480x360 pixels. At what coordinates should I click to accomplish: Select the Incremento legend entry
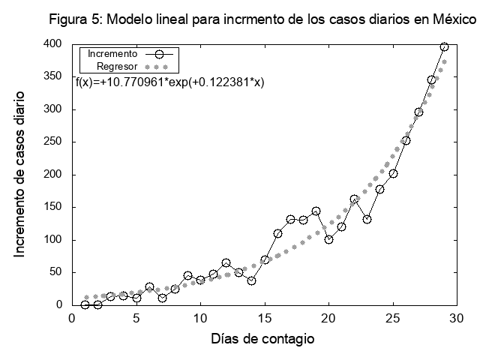112,54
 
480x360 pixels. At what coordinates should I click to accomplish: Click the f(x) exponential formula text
169,81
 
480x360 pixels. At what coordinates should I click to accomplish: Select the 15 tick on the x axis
264,318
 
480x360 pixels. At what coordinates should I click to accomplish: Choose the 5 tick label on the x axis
136,318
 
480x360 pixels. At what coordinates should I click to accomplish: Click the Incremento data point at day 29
444,46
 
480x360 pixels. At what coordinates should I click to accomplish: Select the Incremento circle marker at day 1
85,304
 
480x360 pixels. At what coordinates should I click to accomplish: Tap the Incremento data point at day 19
316,211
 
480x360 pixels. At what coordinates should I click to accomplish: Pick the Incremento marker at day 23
367,219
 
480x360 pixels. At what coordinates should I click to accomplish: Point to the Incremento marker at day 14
251,280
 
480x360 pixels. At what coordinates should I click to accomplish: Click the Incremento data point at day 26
406,140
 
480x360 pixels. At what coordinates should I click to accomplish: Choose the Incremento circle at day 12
226,263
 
